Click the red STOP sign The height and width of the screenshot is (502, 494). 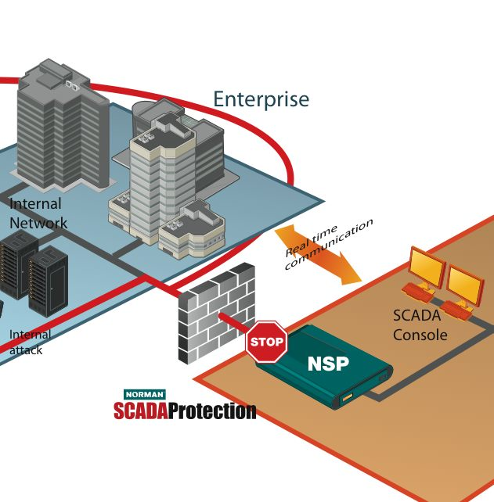point(266,342)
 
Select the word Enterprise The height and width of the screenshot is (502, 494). point(261,100)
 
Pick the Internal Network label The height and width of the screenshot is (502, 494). point(38,213)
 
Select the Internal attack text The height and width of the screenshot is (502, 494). point(30,342)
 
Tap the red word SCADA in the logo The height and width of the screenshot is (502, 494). point(142,411)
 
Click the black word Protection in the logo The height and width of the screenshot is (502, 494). point(212,411)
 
